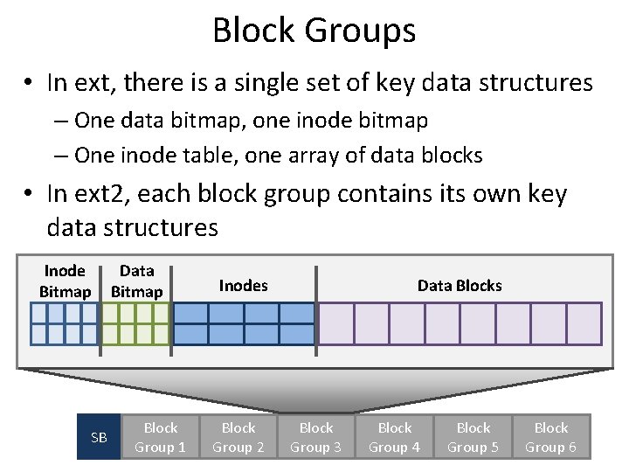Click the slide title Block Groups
click(x=314, y=31)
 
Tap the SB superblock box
click(x=99, y=437)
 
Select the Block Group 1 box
click(x=160, y=437)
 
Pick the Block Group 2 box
click(x=238, y=437)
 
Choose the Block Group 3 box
click(x=316, y=437)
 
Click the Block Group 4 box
click(x=395, y=437)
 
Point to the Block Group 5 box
click(x=473, y=437)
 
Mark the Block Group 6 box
click(x=551, y=437)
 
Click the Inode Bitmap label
click(x=65, y=281)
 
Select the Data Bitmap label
click(x=137, y=281)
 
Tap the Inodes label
click(x=243, y=285)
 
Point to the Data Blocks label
click(x=460, y=285)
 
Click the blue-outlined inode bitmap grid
click(x=65, y=323)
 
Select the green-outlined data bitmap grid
click(x=136, y=323)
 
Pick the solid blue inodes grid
click(x=244, y=323)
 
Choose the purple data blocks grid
click(x=460, y=323)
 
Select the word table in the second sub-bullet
click(x=197, y=156)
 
